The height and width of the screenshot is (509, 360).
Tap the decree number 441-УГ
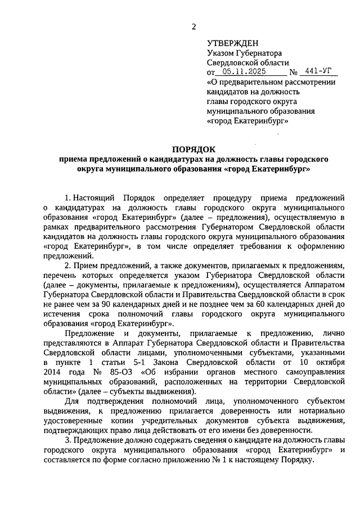coord(317,72)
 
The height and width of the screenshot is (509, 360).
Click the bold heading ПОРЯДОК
coord(194,149)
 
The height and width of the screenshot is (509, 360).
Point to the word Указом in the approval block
coord(220,53)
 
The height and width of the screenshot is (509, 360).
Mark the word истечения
coord(62,314)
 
